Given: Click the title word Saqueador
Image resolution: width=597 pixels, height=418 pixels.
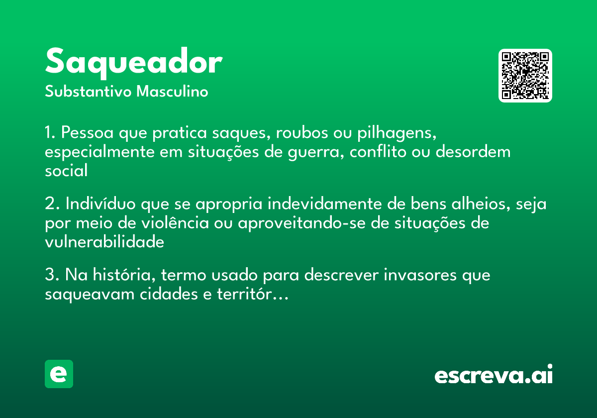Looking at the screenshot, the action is [x=134, y=63].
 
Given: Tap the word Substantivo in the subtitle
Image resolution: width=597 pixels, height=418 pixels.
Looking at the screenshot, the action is [x=88, y=92].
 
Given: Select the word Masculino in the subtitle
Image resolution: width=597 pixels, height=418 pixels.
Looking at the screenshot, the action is [x=172, y=92].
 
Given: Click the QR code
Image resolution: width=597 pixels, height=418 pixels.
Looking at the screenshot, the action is [x=525, y=76].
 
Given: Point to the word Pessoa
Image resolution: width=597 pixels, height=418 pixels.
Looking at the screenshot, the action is [x=88, y=132].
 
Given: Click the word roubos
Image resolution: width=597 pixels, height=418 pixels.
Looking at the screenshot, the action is [x=302, y=132].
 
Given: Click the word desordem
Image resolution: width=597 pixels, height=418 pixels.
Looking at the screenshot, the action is [x=473, y=151].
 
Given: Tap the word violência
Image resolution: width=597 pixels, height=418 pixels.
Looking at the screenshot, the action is [x=175, y=223].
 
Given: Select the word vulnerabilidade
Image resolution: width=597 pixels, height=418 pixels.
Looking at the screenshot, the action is [x=104, y=242].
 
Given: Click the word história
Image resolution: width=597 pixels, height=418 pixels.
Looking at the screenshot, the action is [x=124, y=275].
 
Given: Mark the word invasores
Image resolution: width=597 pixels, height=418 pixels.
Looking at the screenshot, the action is [x=420, y=275].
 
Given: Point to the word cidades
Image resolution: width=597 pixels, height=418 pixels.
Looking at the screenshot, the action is [x=169, y=294].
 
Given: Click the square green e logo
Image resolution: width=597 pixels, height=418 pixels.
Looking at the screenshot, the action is [x=59, y=374].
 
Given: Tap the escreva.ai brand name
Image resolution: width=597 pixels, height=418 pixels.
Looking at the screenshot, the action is [x=494, y=374].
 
